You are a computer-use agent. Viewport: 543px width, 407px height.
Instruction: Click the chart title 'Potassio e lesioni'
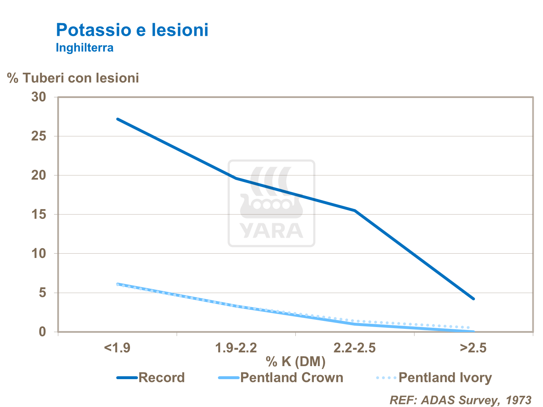pyautogui.click(x=132, y=30)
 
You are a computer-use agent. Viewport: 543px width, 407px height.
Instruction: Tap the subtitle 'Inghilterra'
pyautogui.click(x=84, y=48)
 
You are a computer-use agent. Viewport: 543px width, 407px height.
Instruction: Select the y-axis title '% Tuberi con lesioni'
pyautogui.click(x=73, y=78)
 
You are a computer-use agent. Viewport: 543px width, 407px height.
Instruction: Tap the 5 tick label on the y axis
pyautogui.click(x=43, y=292)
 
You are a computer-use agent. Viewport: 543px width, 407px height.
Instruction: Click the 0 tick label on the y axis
pyautogui.click(x=43, y=331)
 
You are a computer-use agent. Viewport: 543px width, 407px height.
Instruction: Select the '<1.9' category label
pyautogui.click(x=117, y=348)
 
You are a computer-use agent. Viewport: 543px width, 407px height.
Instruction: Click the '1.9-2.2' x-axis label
pyautogui.click(x=236, y=348)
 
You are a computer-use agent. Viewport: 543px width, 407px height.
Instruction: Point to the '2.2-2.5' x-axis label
pyautogui.click(x=354, y=348)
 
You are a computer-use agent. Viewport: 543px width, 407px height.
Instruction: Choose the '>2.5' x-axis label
pyautogui.click(x=473, y=348)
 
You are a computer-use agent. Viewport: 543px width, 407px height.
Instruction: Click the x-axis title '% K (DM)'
pyautogui.click(x=295, y=361)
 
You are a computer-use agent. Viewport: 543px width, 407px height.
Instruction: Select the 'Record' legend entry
pyautogui.click(x=161, y=378)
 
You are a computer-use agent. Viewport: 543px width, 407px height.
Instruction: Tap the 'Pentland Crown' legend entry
pyautogui.click(x=291, y=378)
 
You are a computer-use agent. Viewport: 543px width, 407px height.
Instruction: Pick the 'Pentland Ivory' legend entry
pyautogui.click(x=445, y=378)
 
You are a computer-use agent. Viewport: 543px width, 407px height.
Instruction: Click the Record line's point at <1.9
pyautogui.click(x=117, y=119)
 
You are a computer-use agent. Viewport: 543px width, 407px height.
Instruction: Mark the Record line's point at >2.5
pyautogui.click(x=473, y=299)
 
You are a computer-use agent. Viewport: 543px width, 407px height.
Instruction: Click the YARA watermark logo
pyautogui.click(x=271, y=203)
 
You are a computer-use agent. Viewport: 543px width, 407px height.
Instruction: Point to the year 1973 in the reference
pyautogui.click(x=518, y=400)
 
